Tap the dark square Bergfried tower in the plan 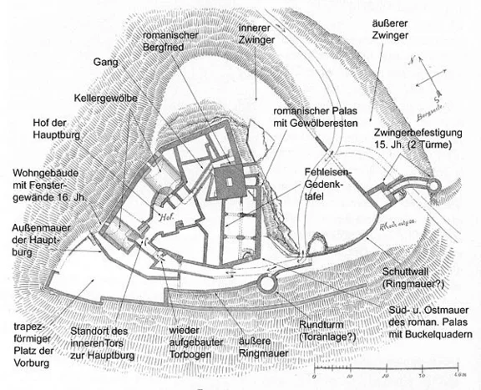click(x=228, y=181)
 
